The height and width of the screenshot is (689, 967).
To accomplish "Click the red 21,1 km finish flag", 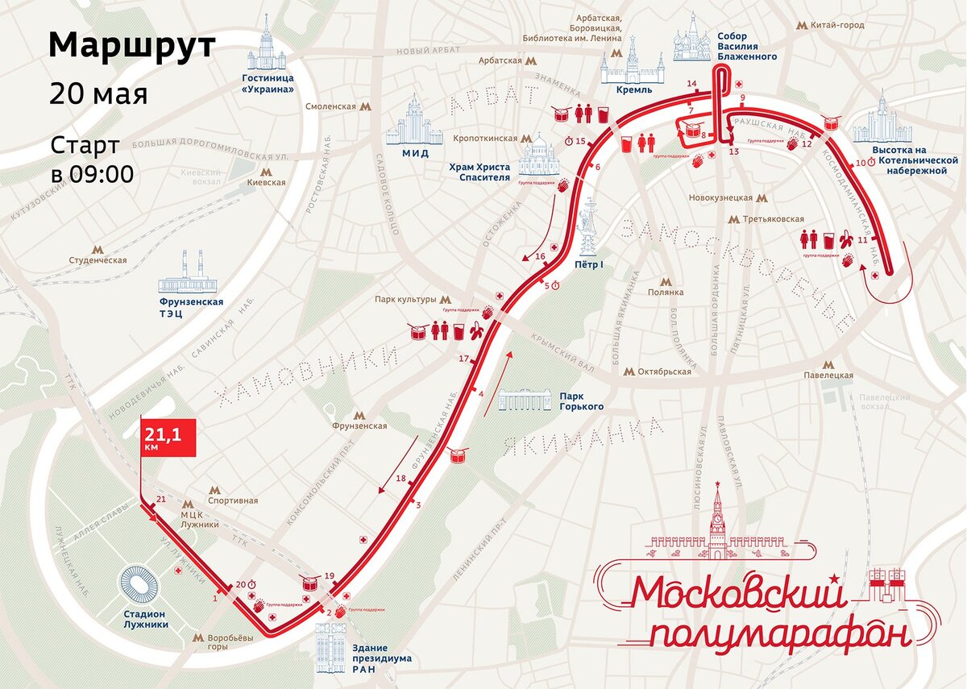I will point(168,438).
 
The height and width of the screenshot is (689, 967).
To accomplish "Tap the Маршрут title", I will point(132,46).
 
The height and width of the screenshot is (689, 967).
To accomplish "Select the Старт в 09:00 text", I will point(92,160).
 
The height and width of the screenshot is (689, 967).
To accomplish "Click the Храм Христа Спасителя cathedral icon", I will point(539,154).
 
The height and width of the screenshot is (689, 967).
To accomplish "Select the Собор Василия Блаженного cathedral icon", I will point(691,38).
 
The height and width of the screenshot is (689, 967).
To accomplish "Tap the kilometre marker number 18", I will point(400,479).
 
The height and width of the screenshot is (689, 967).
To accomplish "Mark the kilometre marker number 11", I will point(863,239).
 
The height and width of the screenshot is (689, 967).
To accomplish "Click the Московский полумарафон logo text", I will point(766,612).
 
